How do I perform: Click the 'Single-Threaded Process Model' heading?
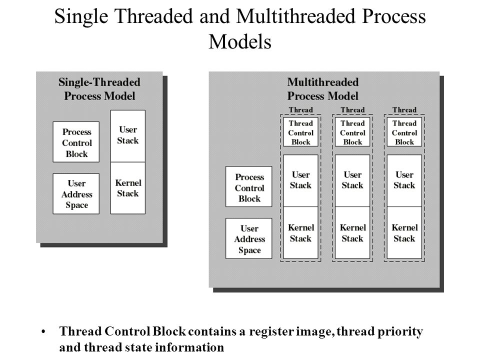point(99,88)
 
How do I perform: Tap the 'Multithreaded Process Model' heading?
point(322,88)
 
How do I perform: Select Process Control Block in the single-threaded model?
point(76,142)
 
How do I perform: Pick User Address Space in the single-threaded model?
point(76,194)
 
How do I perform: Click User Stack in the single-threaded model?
point(128,135)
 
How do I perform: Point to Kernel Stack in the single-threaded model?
point(128,188)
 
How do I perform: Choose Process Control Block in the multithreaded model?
point(249,187)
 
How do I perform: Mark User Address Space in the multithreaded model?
point(249,239)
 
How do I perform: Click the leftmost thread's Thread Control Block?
point(300,132)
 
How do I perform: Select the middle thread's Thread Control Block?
point(352,132)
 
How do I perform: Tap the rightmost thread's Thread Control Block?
point(404,132)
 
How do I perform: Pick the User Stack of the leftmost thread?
point(300,180)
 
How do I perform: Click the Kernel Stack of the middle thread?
point(352,233)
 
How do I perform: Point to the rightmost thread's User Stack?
point(404,180)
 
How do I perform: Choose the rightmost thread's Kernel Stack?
point(404,233)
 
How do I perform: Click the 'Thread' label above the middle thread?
point(352,110)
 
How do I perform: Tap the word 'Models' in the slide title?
point(240,42)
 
